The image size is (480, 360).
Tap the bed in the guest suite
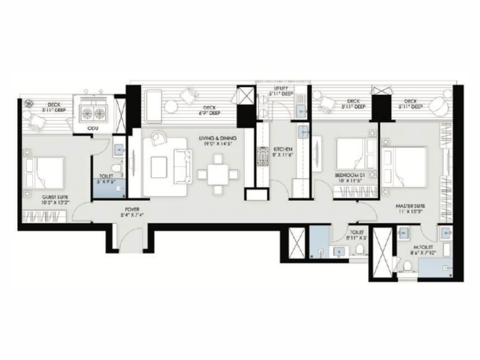(45, 172)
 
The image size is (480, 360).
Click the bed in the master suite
(405, 166)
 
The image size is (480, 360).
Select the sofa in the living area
(182, 166)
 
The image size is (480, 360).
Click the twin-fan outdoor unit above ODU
(93, 112)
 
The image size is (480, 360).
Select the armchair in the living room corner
(159, 138)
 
